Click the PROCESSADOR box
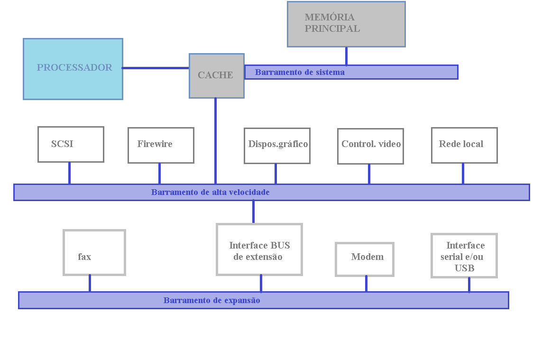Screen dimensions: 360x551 pyautogui.click(x=73, y=69)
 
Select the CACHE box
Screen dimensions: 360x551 pyautogui.click(x=216, y=75)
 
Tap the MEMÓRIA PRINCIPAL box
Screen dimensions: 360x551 pyautogui.click(x=346, y=24)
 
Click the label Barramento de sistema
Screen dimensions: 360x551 pyautogui.click(x=300, y=72)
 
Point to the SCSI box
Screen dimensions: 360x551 pyautogui.click(x=71, y=144)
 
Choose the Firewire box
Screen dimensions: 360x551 pyautogui.click(x=161, y=145)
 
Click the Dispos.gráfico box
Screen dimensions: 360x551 pyautogui.click(x=277, y=146)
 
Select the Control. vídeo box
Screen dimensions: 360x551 pyautogui.click(x=370, y=146)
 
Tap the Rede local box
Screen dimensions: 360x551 pyautogui.click(x=464, y=145)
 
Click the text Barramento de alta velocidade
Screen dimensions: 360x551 pyautogui.click(x=210, y=192)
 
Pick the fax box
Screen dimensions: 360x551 pyautogui.click(x=94, y=252)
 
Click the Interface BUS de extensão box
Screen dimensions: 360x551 pyautogui.click(x=259, y=249)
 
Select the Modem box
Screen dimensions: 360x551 pyautogui.click(x=365, y=259)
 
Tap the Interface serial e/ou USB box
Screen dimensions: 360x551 pyautogui.click(x=464, y=255)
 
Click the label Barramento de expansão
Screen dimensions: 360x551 pyautogui.click(x=211, y=300)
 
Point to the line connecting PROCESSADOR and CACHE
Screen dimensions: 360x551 pyautogui.click(x=156, y=68)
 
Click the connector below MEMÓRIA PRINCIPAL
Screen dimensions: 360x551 pyautogui.click(x=346, y=55)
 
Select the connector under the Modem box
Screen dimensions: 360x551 pyautogui.click(x=366, y=284)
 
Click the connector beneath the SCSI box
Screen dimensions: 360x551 pyautogui.click(x=69, y=173)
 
